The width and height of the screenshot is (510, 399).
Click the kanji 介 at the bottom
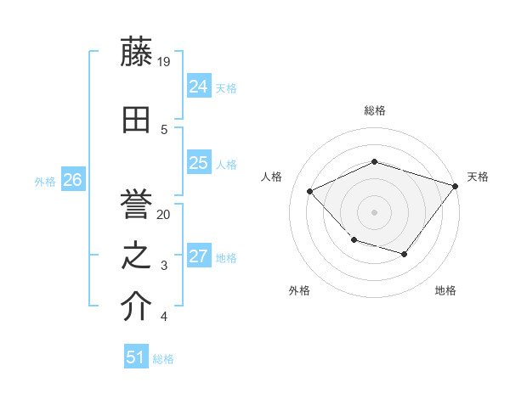coord(137,307)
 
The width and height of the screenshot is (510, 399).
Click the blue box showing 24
coord(198,87)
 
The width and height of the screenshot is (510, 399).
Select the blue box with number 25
coord(198,163)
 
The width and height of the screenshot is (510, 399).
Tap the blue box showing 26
coord(72,180)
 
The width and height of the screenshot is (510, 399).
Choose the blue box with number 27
coord(198,256)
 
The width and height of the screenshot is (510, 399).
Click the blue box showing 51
coord(136,357)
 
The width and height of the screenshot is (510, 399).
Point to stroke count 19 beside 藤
coord(165,61)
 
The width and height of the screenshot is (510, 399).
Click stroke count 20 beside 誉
coord(165,215)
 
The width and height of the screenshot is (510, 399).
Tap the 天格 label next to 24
coord(226,87)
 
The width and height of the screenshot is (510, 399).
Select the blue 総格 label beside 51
coord(163,359)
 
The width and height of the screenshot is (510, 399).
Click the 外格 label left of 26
coord(45,181)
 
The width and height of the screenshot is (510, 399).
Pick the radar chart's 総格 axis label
coord(375,110)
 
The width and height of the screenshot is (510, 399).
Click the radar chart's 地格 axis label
coord(445,291)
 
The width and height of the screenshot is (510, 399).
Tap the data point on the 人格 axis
coord(310,191)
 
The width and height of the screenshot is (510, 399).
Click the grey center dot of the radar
coord(375,211)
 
